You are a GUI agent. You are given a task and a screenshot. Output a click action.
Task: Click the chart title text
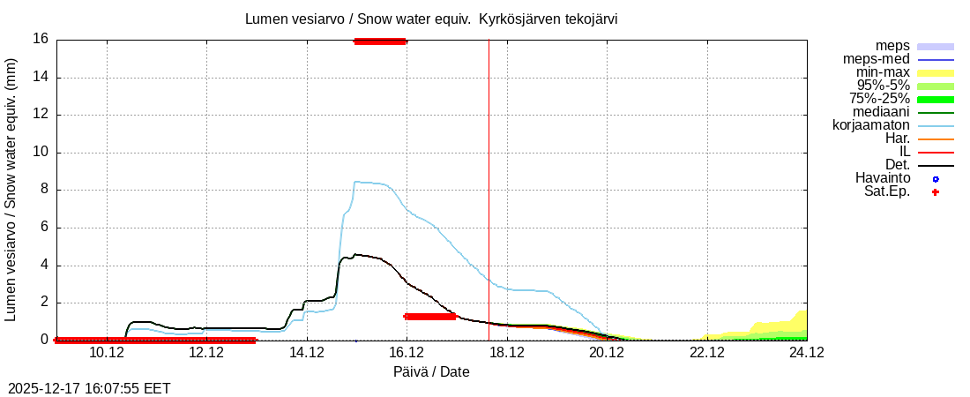[x=431, y=19]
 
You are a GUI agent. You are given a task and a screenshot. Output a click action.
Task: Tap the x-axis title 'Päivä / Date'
[x=431, y=372]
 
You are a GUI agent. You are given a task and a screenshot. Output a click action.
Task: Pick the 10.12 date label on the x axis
[x=107, y=353]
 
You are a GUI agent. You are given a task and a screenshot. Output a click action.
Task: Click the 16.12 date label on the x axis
[x=407, y=353]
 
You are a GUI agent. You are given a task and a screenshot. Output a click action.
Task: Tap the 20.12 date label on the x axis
[x=607, y=353]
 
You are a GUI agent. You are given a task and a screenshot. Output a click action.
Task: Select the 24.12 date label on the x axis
[x=806, y=353]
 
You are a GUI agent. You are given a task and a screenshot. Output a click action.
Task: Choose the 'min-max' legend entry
[x=882, y=72]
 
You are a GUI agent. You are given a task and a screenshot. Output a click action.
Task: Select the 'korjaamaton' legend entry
[x=871, y=125]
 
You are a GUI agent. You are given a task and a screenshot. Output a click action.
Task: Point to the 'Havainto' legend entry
[x=883, y=178]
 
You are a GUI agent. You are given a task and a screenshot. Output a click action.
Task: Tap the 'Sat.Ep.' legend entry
[x=886, y=191]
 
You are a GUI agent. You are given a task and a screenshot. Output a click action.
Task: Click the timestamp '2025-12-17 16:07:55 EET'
[x=89, y=388]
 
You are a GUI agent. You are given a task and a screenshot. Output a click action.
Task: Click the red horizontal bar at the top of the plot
[x=379, y=41]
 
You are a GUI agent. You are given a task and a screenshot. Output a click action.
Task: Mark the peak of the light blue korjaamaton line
[x=355, y=182]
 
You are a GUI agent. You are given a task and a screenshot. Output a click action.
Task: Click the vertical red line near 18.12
[x=489, y=176]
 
